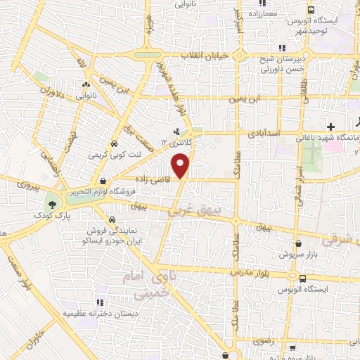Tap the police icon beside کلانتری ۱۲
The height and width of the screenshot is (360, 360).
pyautogui.click(x=176, y=131)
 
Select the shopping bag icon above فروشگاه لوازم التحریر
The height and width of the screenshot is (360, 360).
pyautogui.click(x=103, y=180)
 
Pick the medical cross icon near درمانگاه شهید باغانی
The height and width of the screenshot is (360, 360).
pyautogui.click(x=331, y=125)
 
